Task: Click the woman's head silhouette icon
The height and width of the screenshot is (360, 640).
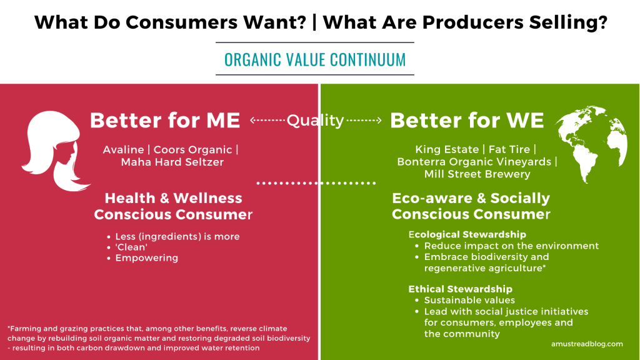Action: click(56, 150)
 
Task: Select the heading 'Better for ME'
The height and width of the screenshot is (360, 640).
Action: click(165, 121)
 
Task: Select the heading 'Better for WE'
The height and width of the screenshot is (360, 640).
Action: click(467, 121)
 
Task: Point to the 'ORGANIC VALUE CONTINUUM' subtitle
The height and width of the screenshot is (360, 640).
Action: click(315, 59)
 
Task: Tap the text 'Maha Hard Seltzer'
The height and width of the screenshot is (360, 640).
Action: click(172, 162)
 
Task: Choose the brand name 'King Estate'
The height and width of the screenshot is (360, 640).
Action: click(445, 149)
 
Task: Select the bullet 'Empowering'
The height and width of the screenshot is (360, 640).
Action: click(146, 258)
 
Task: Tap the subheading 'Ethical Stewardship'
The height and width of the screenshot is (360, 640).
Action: click(460, 289)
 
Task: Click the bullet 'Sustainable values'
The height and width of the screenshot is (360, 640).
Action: click(469, 300)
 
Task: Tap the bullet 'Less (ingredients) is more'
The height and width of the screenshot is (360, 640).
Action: click(177, 236)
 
